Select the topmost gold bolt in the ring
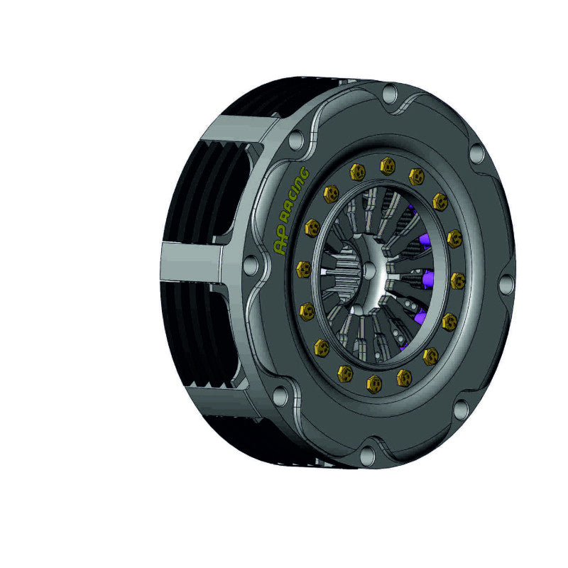pyautogui.click(x=387, y=165)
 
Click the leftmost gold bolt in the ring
pyautogui.click(x=304, y=270)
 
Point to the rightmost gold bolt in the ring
pyautogui.click(x=458, y=280)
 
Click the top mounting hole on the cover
pyautogui.click(x=390, y=93)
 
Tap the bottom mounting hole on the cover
pyautogui.click(x=367, y=454)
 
